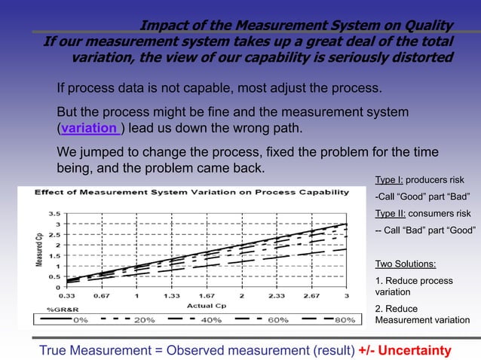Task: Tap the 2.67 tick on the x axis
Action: tap(311, 296)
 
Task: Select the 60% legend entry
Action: tap(277, 319)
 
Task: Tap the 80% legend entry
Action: tap(345, 319)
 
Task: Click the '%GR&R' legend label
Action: tap(60, 310)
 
